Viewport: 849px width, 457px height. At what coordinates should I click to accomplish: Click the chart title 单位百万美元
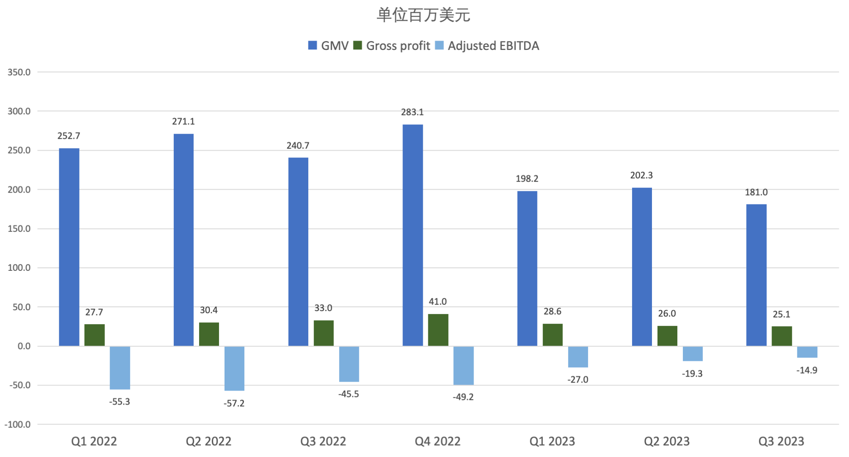pyautogui.click(x=423, y=15)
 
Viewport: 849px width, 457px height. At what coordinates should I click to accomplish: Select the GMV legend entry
pyautogui.click(x=329, y=46)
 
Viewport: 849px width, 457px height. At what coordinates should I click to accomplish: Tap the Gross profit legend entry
pyautogui.click(x=392, y=46)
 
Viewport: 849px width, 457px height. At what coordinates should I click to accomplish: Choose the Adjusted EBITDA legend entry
pyautogui.click(x=487, y=46)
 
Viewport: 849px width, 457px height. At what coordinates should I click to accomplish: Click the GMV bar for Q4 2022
pyautogui.click(x=413, y=235)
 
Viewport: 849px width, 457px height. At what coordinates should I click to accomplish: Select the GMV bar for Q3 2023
pyautogui.click(x=756, y=275)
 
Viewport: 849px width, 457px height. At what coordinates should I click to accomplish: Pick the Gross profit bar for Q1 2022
pyautogui.click(x=94, y=335)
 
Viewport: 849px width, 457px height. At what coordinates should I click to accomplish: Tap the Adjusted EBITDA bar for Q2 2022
pyautogui.click(x=234, y=368)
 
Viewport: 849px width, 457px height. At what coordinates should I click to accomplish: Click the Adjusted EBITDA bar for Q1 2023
pyautogui.click(x=578, y=357)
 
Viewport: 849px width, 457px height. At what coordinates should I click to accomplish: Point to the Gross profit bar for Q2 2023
pyautogui.click(x=667, y=336)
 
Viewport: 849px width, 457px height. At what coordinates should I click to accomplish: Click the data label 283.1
pyautogui.click(x=412, y=112)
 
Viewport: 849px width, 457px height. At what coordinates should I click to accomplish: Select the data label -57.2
pyautogui.click(x=234, y=403)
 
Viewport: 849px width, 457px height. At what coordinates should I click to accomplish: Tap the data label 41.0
pyautogui.click(x=438, y=302)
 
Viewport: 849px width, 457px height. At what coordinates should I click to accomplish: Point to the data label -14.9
pyautogui.click(x=807, y=370)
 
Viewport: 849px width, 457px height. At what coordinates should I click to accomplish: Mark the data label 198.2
pyautogui.click(x=527, y=179)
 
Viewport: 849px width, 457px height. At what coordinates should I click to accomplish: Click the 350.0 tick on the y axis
pyautogui.click(x=19, y=72)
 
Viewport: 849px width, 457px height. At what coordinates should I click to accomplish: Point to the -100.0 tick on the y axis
pyautogui.click(x=18, y=424)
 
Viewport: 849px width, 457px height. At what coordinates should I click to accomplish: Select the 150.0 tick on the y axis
pyautogui.click(x=19, y=229)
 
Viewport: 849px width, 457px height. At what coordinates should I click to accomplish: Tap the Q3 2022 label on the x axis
pyautogui.click(x=323, y=441)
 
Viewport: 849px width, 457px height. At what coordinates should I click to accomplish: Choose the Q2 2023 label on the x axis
pyautogui.click(x=667, y=441)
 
